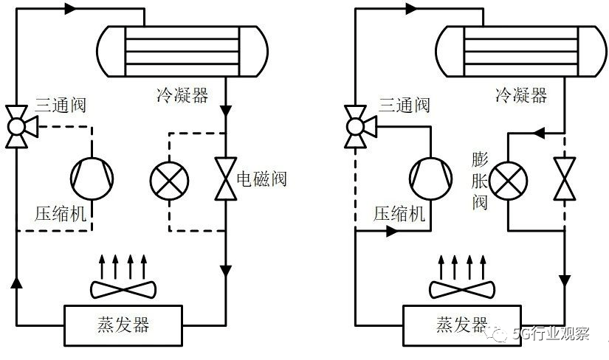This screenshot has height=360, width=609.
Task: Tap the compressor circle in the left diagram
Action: [93, 176]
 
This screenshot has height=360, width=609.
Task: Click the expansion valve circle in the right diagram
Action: [509, 179]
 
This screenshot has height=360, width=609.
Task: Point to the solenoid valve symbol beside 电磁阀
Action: [224, 179]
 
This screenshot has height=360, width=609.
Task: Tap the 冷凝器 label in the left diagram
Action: [182, 95]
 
